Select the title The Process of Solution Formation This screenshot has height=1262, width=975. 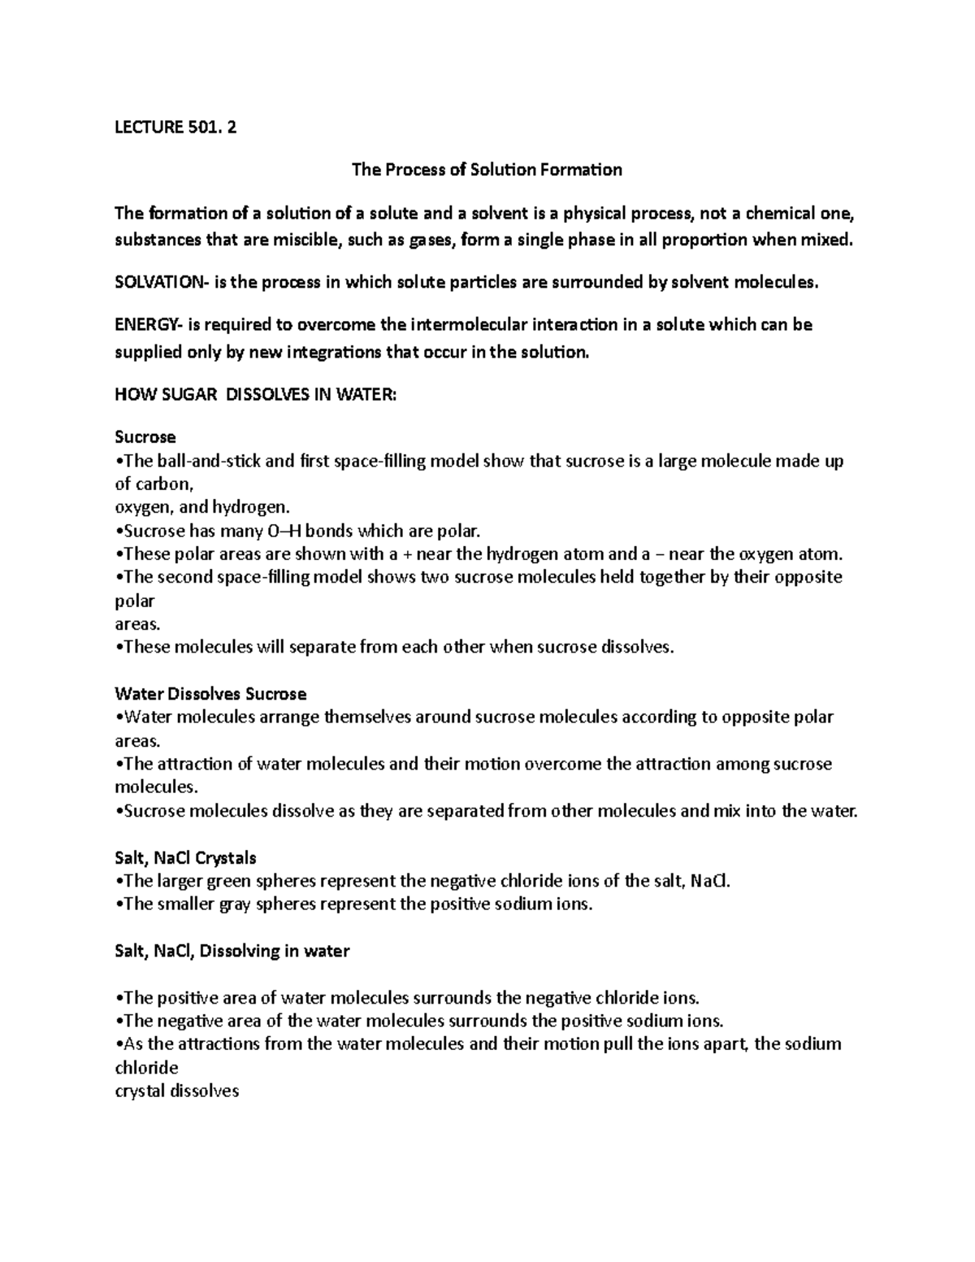[x=487, y=170]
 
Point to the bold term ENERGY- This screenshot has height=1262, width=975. [x=149, y=325]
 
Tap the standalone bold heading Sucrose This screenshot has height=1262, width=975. [x=145, y=437]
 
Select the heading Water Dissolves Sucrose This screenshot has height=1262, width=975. [x=210, y=694]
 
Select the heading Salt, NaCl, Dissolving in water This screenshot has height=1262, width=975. [x=232, y=951]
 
